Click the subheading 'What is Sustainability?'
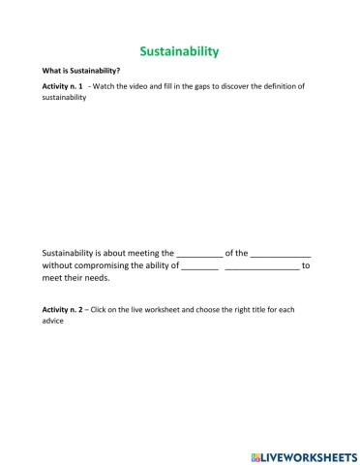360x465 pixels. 80,71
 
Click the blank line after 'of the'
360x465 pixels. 281,252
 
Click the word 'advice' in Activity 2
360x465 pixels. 52,321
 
